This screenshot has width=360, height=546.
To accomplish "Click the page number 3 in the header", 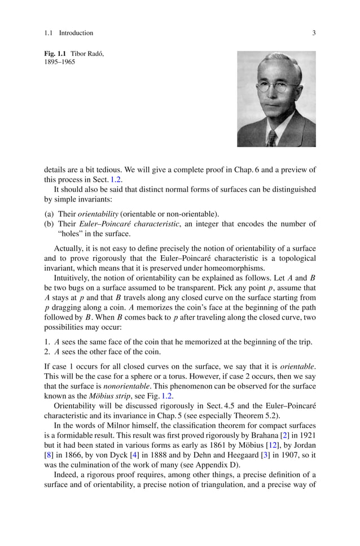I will click(314, 33).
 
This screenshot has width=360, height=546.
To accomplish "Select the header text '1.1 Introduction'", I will click(68, 33).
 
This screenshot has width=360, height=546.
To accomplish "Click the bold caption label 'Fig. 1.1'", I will click(55, 54).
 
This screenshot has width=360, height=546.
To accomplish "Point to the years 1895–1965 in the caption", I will click(59, 62).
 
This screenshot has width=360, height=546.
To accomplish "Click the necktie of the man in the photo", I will click(273, 137).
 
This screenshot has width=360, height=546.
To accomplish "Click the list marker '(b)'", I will click(49, 224).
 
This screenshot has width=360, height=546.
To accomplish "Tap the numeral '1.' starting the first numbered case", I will click(47, 341).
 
